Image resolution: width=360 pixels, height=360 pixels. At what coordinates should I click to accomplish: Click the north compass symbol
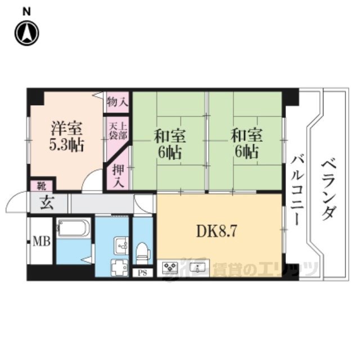[x=26, y=33]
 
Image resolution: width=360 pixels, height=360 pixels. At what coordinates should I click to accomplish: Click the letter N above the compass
[x=26, y=12]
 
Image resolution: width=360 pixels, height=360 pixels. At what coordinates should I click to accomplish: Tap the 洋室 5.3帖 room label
[x=66, y=137]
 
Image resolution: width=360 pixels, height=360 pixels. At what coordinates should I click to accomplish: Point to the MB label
[x=42, y=241]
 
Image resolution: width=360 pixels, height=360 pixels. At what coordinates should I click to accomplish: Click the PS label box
[x=142, y=273]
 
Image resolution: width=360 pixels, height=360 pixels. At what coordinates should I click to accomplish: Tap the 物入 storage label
[x=118, y=102]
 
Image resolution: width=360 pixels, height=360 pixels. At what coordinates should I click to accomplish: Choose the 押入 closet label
[x=119, y=175]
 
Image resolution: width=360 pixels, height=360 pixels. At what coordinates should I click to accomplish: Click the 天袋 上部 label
[x=118, y=131]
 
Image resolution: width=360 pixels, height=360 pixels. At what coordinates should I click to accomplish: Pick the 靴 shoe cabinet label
[x=42, y=186]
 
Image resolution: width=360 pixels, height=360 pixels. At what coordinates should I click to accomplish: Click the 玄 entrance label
[x=47, y=203]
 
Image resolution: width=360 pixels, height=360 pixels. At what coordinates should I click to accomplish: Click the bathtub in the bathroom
[x=73, y=228]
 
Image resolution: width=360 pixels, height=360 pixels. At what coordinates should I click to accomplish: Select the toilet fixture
[x=143, y=253]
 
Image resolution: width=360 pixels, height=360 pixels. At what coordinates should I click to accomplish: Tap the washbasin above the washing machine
[x=121, y=246]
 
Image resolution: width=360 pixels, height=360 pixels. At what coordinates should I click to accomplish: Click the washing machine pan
[x=119, y=268]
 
